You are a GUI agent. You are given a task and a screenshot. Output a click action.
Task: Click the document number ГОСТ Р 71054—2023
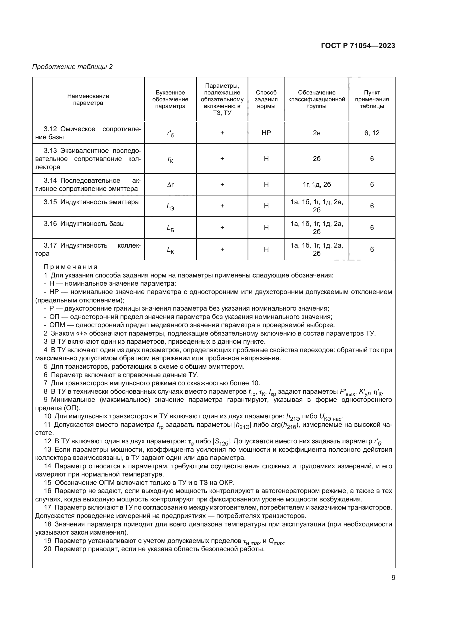coord(358,46)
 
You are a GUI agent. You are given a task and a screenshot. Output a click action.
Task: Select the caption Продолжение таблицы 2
coord(72,67)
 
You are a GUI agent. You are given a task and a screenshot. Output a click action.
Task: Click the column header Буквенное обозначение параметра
coord(170,99)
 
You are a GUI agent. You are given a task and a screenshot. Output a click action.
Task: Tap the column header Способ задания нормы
coord(266,99)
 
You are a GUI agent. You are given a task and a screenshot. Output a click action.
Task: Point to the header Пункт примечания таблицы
coord(372,99)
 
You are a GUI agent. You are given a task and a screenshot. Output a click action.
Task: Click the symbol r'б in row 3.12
coord(170,134)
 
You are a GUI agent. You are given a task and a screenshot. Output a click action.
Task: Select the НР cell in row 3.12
coord(266,133)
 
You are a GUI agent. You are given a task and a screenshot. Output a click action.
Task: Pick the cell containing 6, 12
coord(372,133)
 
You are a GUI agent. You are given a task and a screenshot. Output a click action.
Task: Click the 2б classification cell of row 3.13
coord(317,159)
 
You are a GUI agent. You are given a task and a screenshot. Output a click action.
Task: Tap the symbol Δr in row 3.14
coord(170,184)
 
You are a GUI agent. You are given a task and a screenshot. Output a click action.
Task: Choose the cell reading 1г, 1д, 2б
coord(317,184)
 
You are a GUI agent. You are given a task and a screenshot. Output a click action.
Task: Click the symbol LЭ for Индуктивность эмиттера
coord(170,206)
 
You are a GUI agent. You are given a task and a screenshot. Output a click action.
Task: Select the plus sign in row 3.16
coord(222,228)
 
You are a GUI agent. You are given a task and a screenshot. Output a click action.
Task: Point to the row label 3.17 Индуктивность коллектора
coord(88,249)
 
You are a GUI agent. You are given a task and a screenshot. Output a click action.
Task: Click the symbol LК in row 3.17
coord(170,250)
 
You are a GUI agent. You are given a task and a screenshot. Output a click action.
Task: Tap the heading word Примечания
coord(71,267)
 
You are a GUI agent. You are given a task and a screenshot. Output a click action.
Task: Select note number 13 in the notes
coord(48,449)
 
